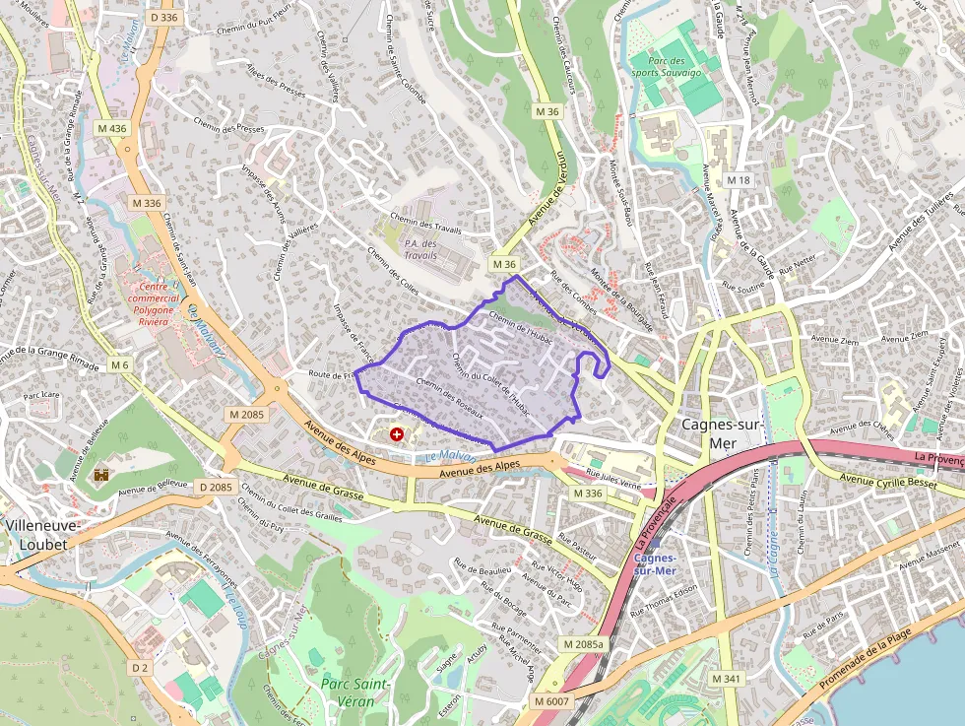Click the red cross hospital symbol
397,433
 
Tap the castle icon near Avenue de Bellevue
101,474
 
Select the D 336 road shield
164,17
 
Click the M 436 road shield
112,129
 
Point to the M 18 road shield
738,180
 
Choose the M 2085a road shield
583,643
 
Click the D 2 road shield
141,668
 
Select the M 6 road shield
120,365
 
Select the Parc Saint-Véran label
355,692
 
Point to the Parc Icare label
45,396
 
